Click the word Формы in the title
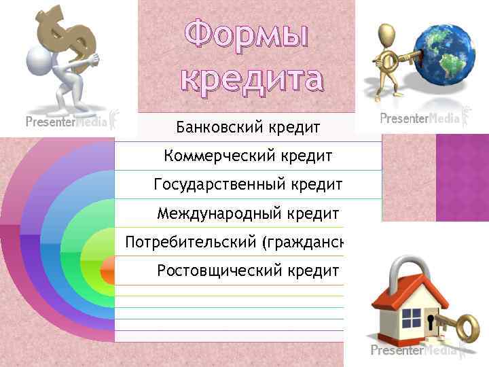click(x=247, y=35)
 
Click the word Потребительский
click(x=187, y=243)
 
